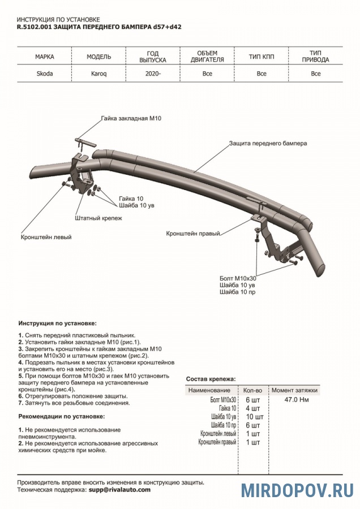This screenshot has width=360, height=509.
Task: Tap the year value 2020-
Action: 152,74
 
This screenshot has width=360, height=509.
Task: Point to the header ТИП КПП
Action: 261,57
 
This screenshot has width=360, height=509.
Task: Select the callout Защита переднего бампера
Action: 268,144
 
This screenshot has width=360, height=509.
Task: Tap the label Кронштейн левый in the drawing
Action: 46,237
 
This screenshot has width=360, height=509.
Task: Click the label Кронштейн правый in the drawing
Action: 192,233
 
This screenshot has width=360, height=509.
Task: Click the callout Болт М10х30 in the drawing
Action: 238,278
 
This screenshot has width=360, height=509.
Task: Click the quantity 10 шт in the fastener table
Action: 252,416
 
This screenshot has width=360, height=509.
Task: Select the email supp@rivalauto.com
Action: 119,490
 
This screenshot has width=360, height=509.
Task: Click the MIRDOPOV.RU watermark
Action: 298,490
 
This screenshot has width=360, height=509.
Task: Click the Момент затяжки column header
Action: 295,390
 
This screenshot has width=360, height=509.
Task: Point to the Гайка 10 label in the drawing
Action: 131,199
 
